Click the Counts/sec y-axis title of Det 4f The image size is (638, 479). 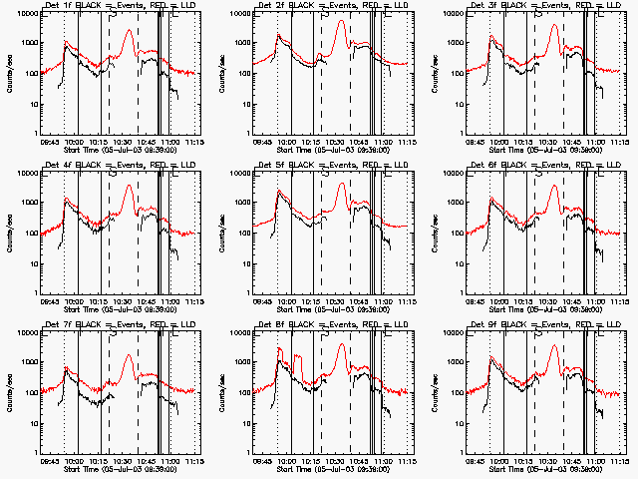point(9,232)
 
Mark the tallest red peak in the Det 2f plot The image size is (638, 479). point(341,21)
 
